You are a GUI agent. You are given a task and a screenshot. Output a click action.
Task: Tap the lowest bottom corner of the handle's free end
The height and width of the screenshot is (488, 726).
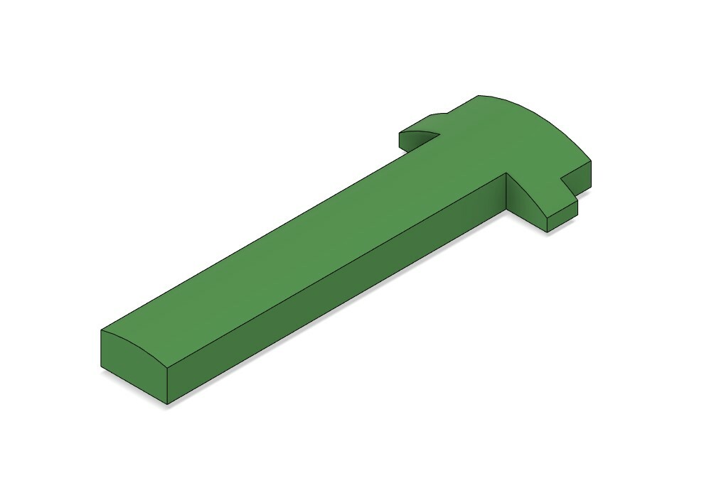click(167, 405)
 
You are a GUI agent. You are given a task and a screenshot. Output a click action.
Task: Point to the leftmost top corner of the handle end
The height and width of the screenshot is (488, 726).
click(101, 331)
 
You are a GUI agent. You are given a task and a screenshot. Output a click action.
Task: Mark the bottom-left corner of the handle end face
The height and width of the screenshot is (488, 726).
click(101, 368)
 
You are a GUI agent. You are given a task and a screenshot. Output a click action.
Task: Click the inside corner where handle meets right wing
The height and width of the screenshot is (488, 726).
click(506, 173)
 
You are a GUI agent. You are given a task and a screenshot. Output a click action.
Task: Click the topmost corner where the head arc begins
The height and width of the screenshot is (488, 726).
click(477, 95)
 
